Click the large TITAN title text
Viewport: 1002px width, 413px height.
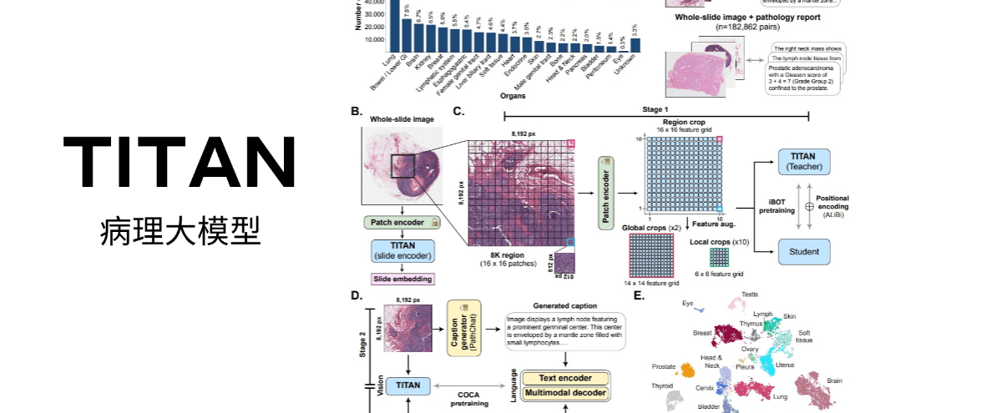pos(180,162)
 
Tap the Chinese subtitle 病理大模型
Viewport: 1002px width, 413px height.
pos(180,229)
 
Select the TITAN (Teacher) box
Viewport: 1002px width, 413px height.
pos(804,162)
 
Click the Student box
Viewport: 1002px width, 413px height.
pos(804,250)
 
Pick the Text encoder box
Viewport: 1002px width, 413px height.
pos(566,378)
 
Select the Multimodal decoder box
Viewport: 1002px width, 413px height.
pos(566,392)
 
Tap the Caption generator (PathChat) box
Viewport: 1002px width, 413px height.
pos(465,329)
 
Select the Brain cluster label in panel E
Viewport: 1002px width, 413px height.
pos(834,380)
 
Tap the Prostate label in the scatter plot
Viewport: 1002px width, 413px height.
pos(664,366)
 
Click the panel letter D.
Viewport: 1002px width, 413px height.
pos(357,295)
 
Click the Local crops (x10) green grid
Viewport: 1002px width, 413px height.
pos(719,256)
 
